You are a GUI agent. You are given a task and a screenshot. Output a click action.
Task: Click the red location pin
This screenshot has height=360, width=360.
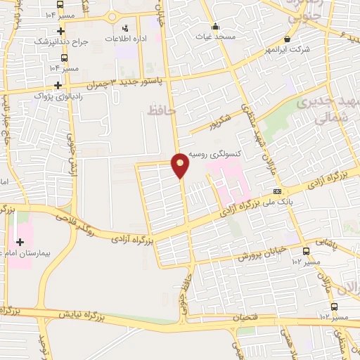point(181,165)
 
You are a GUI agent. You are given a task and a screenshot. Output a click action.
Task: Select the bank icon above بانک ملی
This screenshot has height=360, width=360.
point(278,191)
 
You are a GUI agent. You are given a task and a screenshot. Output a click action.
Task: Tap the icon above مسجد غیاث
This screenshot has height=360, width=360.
point(217,26)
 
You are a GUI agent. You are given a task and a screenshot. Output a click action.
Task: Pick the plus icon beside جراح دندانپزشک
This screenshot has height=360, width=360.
point(61,31)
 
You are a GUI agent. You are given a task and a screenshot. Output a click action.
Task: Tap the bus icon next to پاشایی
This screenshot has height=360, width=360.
point(306,251)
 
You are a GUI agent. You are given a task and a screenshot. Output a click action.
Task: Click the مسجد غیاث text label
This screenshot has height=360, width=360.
point(216,36)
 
